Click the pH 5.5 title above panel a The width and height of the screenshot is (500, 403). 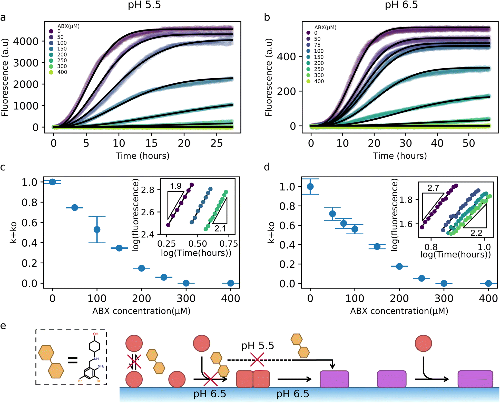point(144,5)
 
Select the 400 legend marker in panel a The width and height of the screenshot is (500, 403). point(51,72)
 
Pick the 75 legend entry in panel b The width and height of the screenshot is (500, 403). point(317,45)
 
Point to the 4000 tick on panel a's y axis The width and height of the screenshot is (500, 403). point(26,41)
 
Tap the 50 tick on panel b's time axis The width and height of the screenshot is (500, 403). point(469,143)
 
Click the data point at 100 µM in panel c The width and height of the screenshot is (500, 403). point(97,229)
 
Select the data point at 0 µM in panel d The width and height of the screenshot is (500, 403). point(310,187)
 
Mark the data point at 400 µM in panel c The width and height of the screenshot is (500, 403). point(231,283)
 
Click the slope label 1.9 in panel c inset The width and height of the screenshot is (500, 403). point(176,186)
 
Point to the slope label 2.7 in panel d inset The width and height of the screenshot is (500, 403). point(433,188)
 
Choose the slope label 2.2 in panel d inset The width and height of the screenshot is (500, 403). point(476,233)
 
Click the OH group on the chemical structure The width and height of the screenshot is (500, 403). point(96,334)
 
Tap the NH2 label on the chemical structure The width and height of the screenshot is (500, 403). point(101,366)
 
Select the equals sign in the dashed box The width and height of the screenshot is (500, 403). point(73,361)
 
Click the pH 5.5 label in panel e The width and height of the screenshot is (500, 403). point(257,346)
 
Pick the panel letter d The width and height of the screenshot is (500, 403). point(267,167)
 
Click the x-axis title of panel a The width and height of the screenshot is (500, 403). point(142,156)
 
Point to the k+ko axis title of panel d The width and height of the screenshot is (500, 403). point(271,233)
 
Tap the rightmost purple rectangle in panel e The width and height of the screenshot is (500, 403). point(475,379)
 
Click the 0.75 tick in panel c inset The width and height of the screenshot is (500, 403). point(229,244)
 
